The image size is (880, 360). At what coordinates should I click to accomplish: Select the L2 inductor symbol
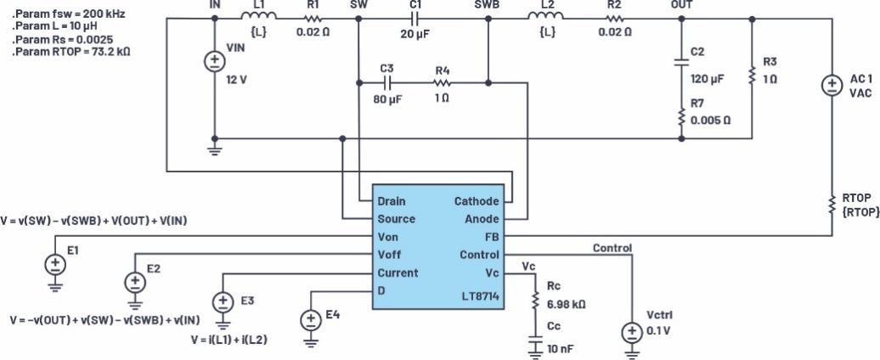(x=544, y=18)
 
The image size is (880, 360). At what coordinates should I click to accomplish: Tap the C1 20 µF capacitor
(x=415, y=18)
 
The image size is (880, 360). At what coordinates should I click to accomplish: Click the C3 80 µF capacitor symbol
(x=387, y=82)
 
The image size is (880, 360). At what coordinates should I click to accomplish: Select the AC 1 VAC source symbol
(x=830, y=87)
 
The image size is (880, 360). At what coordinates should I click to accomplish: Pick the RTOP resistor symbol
(x=830, y=204)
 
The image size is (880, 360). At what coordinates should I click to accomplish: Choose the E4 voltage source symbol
(x=311, y=320)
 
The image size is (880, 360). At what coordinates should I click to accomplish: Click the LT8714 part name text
(x=478, y=291)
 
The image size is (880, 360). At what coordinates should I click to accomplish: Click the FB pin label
(x=492, y=237)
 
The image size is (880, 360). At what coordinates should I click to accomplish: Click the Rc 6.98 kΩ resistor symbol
(x=535, y=301)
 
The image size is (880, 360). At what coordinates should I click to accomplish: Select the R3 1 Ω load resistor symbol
(x=752, y=76)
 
